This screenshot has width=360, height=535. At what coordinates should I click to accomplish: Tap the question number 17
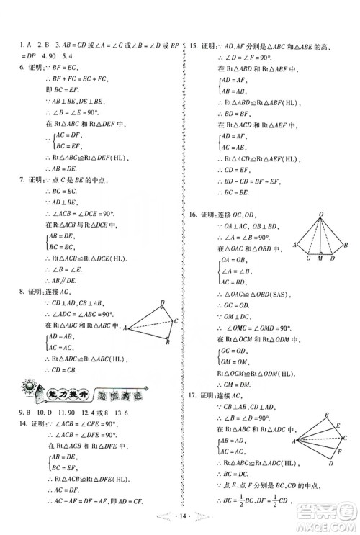pyautogui.click(x=193, y=395)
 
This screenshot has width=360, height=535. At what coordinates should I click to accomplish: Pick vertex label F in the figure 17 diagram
pyautogui.click(x=339, y=451)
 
